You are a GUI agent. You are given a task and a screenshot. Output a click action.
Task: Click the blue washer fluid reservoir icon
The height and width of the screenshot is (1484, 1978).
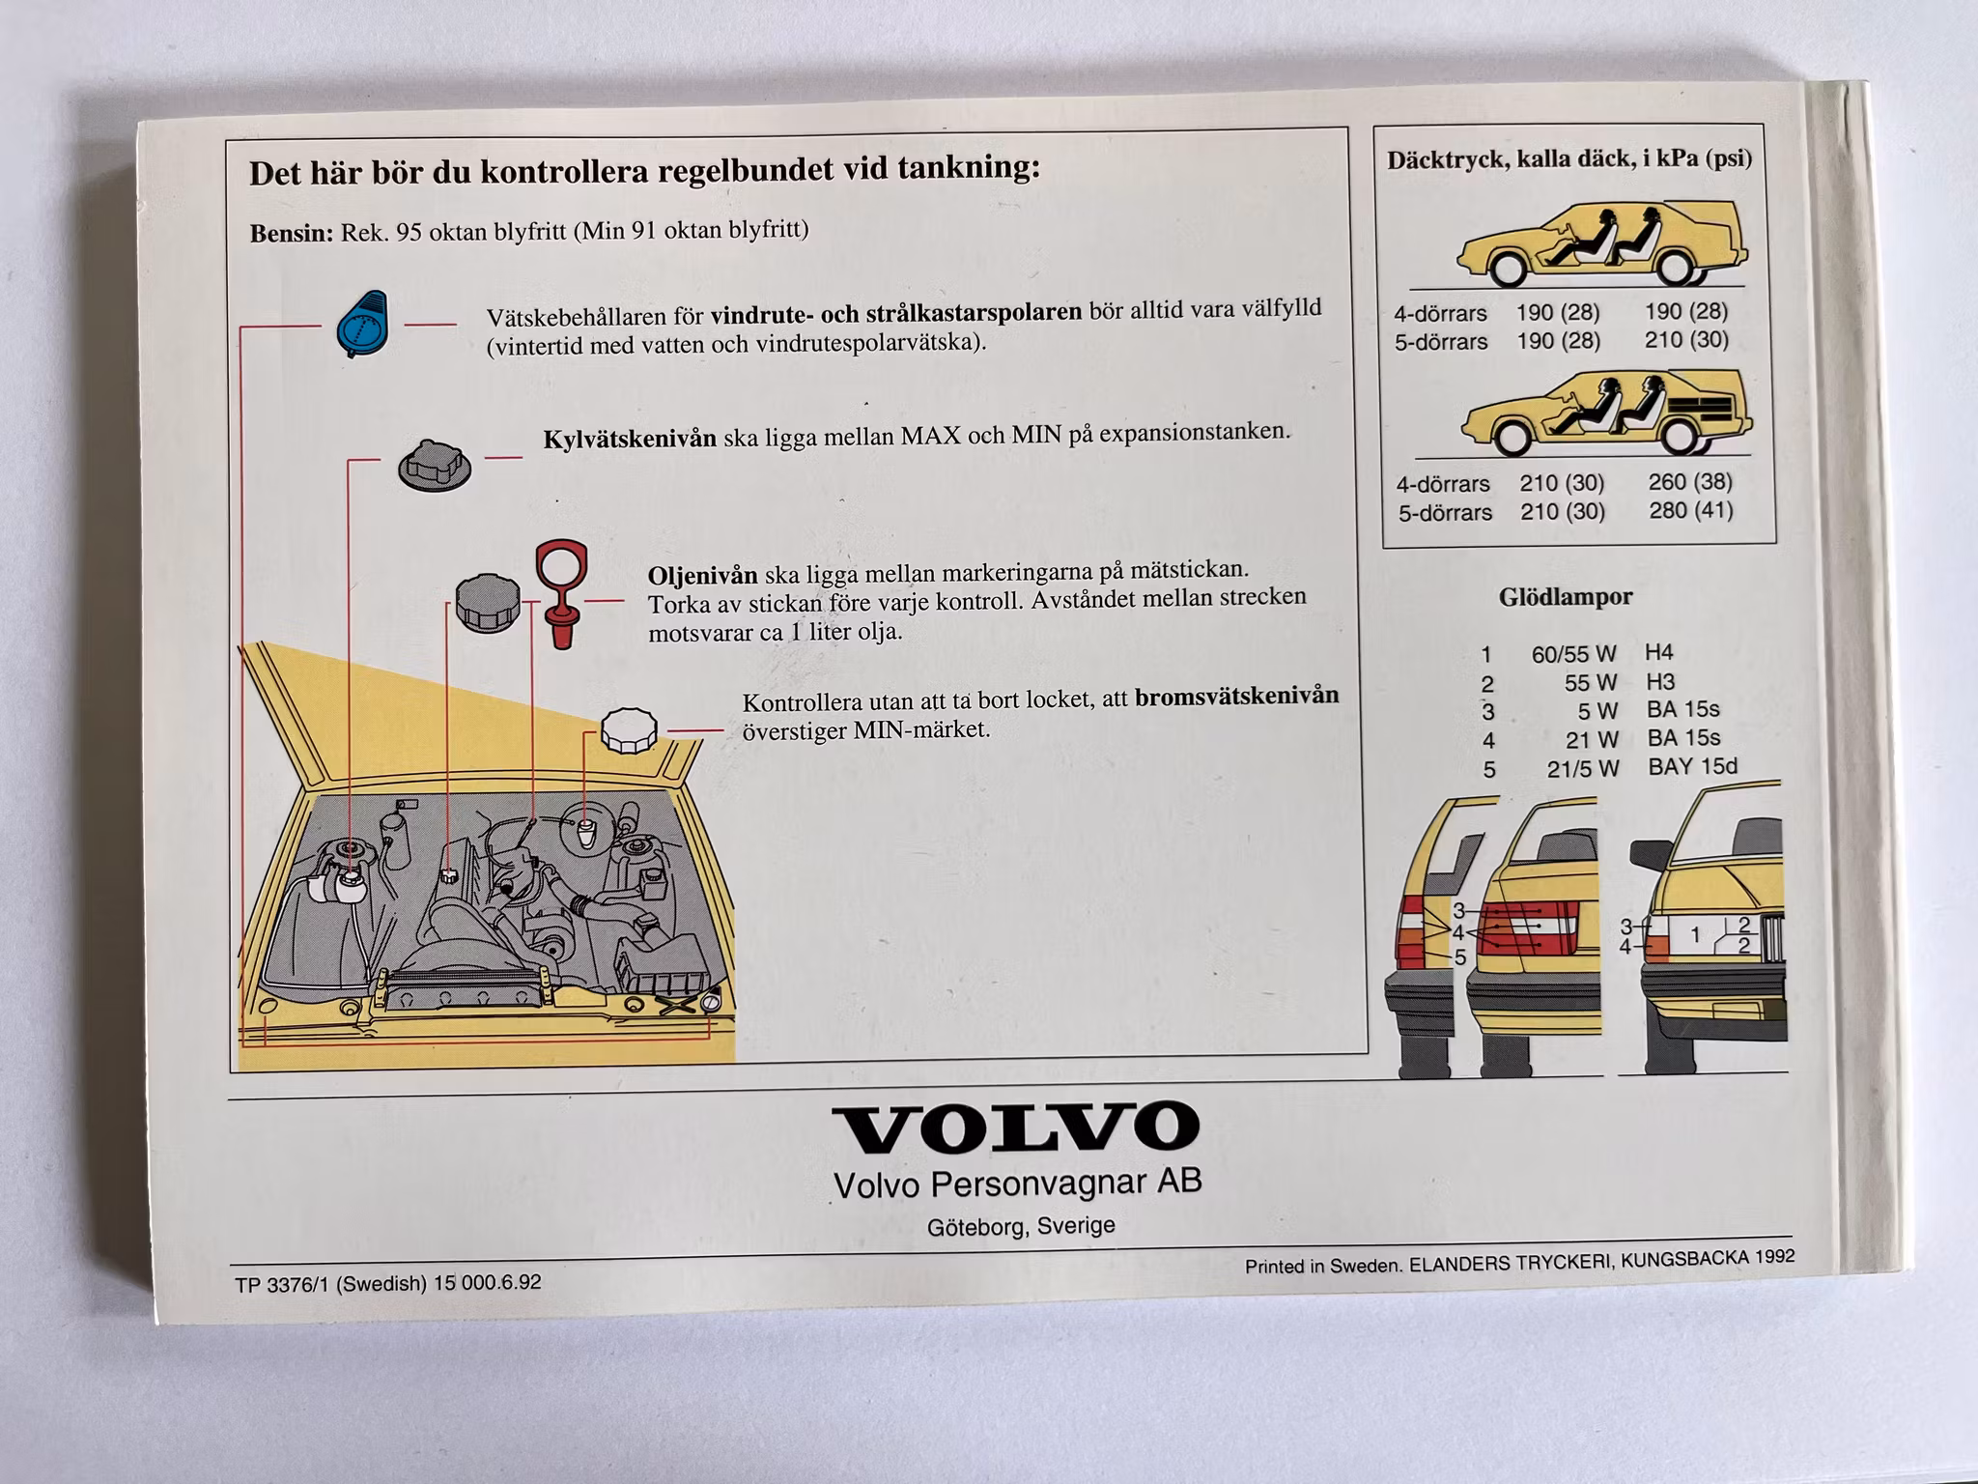click(362, 324)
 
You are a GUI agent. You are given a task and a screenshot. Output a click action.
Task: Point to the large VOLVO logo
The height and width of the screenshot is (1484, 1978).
click(1016, 1127)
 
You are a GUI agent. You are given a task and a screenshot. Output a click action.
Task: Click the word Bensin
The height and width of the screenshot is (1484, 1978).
click(291, 234)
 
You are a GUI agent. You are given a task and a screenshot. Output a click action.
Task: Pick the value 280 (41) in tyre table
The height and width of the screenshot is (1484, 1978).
click(1690, 510)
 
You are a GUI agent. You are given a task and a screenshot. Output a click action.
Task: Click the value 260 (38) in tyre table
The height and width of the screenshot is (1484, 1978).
click(1690, 481)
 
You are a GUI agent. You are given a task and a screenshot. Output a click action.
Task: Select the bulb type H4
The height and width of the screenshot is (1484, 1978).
click(1658, 652)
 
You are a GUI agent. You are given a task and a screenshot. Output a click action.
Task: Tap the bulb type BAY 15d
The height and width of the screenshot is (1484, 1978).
click(1692, 767)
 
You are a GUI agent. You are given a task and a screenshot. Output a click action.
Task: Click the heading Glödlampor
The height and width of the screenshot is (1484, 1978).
click(1565, 597)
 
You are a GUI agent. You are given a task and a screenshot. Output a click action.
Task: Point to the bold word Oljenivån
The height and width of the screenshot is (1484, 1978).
click(702, 576)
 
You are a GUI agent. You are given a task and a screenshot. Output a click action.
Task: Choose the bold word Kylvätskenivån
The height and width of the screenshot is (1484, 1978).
click(630, 440)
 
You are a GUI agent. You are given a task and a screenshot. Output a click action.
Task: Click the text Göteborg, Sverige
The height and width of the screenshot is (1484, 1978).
click(1021, 1226)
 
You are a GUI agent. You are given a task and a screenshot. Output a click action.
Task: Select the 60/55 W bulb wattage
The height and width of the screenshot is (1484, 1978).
click(1573, 654)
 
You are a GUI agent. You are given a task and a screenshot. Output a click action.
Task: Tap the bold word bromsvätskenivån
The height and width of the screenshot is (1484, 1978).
click(1236, 697)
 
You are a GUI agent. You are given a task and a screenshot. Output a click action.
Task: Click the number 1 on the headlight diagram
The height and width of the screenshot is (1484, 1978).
click(1694, 935)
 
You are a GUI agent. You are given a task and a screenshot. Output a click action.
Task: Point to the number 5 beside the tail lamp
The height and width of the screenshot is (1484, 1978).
click(1459, 957)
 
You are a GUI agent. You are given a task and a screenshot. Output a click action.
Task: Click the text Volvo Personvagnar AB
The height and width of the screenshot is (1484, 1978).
click(1017, 1184)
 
